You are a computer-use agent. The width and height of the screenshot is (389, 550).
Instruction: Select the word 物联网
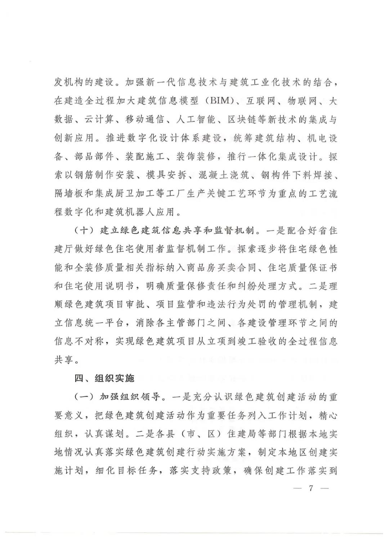point(302,101)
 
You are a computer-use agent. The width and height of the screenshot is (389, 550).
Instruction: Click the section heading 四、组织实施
point(104,378)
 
